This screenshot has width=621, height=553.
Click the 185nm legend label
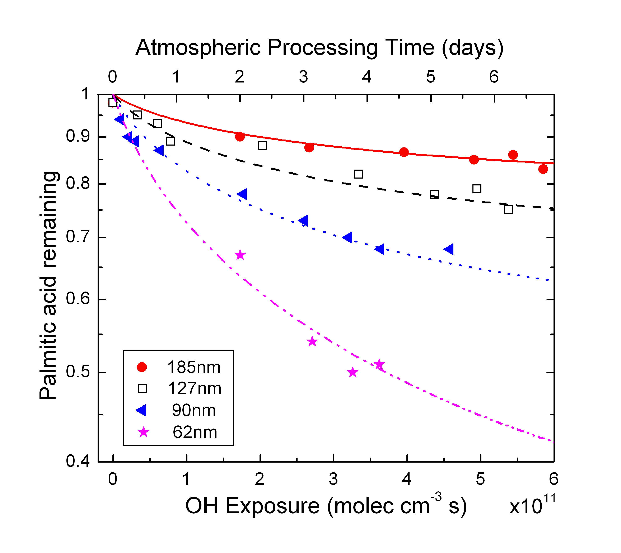(x=194, y=367)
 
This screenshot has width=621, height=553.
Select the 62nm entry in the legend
(x=195, y=432)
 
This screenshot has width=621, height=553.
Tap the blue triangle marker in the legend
(x=141, y=410)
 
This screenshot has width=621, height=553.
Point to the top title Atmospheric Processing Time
(x=319, y=48)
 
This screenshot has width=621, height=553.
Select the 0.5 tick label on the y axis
(x=78, y=372)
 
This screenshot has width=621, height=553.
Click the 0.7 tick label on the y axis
(x=78, y=237)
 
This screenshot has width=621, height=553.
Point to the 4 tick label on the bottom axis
(x=407, y=479)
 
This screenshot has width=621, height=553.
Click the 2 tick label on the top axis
(x=239, y=77)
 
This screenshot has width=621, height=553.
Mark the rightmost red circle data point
(x=543, y=169)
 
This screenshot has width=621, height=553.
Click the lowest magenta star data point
(x=352, y=372)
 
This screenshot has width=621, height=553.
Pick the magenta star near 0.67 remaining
(x=240, y=255)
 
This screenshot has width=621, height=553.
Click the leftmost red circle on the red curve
(x=240, y=137)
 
